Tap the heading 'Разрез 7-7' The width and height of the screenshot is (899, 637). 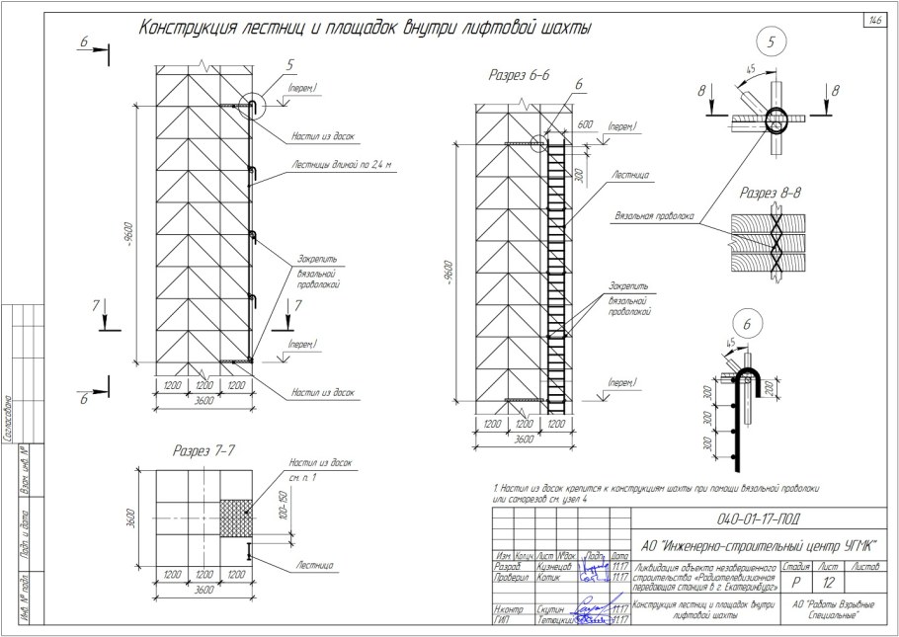tap(204, 451)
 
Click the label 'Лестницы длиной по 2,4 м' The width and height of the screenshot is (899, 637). tap(342, 165)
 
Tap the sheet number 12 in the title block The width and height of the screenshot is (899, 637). tap(828, 583)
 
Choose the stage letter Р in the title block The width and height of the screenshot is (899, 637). tap(795, 583)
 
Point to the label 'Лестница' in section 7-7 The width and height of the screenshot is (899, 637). tap(312, 565)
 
